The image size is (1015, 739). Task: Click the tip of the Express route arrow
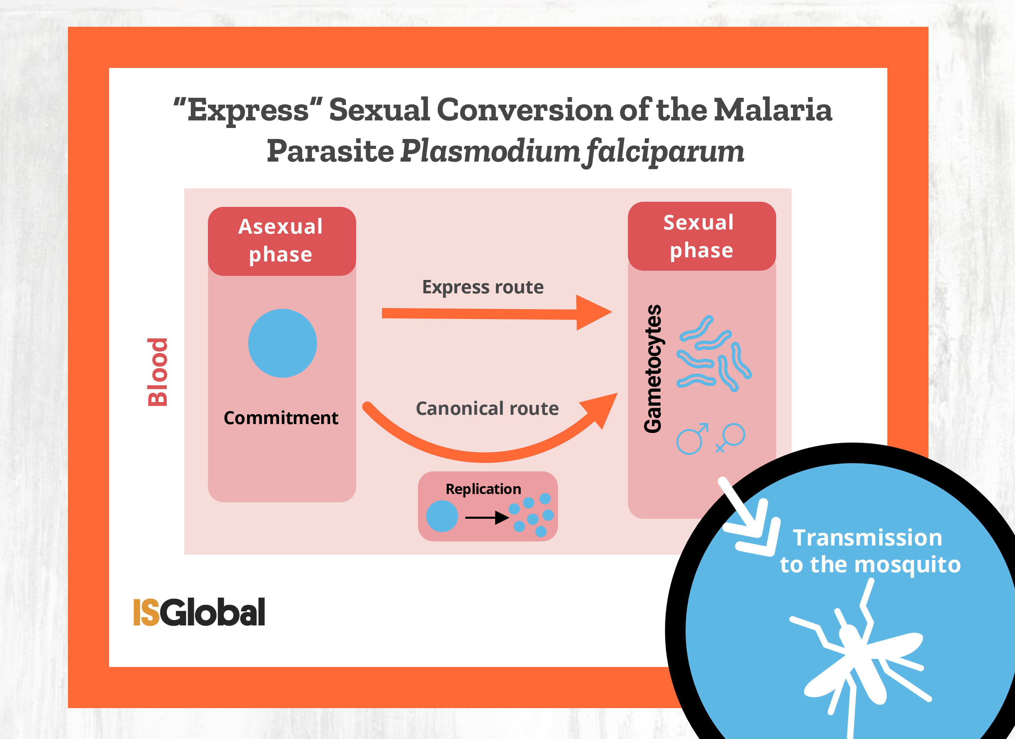click(612, 312)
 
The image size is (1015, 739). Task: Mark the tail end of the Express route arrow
click(382, 313)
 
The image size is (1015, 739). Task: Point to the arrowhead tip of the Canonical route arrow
click(617, 394)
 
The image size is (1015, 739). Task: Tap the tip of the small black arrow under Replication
click(509, 518)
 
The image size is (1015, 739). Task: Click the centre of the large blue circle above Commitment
click(282, 343)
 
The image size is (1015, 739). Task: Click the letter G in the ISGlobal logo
click(173, 612)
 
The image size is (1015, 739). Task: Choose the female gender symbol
click(731, 437)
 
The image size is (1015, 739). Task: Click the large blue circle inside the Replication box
click(442, 516)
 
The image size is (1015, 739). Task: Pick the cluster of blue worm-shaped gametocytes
click(714, 353)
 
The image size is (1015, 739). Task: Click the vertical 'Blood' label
click(157, 372)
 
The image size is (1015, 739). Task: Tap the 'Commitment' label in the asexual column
click(281, 418)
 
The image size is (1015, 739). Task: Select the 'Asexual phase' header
click(281, 241)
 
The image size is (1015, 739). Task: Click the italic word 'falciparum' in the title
click(665, 151)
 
